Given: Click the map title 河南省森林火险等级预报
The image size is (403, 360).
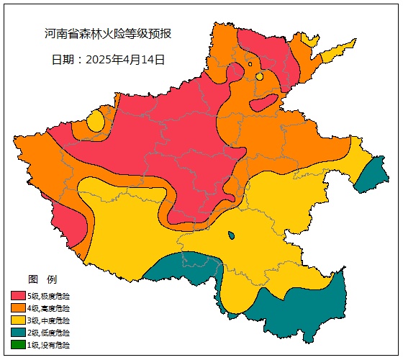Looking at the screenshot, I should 107,34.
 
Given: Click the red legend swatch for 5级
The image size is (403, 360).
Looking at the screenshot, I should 18,296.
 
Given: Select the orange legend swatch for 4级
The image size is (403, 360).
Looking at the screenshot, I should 18,308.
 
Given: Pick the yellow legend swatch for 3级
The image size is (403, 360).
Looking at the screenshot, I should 18,320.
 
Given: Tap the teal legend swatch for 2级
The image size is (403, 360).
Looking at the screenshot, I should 18,333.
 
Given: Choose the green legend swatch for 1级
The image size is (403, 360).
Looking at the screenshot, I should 18,345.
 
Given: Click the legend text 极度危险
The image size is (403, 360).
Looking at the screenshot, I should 58,296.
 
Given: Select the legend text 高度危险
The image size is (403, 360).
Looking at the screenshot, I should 58,308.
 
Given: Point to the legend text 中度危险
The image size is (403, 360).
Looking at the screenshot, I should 58,320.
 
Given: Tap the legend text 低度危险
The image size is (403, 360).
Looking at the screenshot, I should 58,333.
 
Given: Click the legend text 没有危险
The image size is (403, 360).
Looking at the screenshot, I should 58,345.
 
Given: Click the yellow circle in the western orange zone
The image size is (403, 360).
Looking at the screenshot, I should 95,122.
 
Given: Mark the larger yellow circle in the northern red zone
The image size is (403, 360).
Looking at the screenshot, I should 259,76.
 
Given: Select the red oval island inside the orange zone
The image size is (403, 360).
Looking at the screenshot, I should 264,101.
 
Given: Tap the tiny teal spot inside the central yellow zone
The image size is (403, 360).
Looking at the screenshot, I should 230,235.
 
